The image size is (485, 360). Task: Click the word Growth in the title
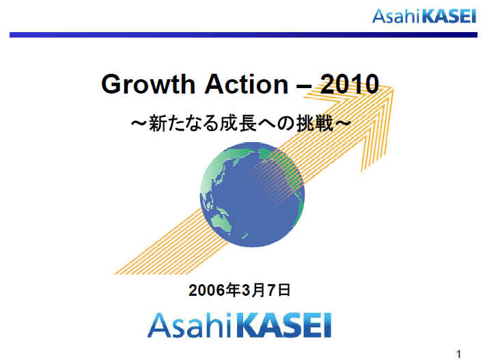(148, 85)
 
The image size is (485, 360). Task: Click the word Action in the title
(247, 84)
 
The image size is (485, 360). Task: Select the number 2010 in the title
(350, 84)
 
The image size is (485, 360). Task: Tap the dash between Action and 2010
(304, 86)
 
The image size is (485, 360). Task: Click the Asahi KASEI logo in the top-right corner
(424, 16)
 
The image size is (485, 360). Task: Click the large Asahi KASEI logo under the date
(239, 325)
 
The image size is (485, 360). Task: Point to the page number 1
(459, 354)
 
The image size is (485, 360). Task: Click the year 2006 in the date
(206, 290)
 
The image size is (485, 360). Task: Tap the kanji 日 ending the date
(284, 290)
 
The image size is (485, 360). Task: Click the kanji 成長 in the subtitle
(238, 124)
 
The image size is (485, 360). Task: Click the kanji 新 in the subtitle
(158, 124)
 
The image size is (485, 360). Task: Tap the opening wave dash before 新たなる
(139, 124)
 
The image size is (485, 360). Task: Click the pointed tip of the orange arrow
(393, 88)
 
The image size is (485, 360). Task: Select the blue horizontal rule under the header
(243, 35)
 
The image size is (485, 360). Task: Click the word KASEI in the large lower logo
(285, 325)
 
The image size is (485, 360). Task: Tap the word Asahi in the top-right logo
(396, 16)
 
